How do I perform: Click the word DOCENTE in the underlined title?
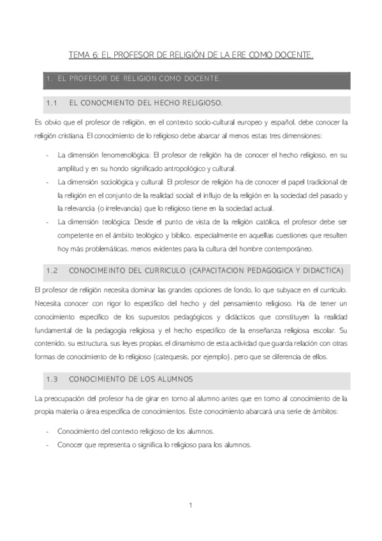293,56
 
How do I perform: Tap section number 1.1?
52,102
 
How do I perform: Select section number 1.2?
52,271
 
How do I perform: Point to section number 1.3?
52,379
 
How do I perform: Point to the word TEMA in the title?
79,56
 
